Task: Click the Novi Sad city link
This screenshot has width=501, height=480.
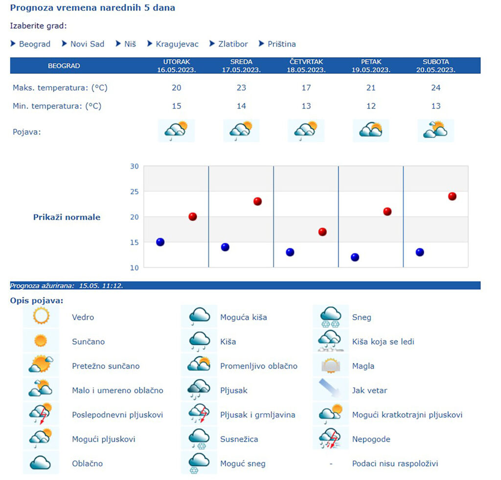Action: [x=87, y=44]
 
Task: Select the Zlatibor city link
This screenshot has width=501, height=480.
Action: [x=233, y=44]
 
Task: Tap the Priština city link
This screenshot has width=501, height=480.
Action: [x=281, y=44]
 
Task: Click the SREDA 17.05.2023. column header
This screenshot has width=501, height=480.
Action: [x=241, y=65]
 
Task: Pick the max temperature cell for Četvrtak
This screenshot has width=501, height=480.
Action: [x=306, y=88]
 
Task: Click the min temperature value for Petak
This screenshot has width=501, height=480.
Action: [x=371, y=106]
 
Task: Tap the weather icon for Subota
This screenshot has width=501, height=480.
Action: [x=435, y=130]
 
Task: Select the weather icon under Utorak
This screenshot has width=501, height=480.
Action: [x=176, y=130]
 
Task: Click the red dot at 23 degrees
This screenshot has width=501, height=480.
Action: [x=257, y=201]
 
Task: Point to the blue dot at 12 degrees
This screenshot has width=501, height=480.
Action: [x=355, y=257]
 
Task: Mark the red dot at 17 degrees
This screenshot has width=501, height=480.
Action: [x=322, y=232]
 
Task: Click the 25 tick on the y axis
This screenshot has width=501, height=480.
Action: [x=134, y=192]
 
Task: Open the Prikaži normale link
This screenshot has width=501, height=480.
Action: [x=67, y=218]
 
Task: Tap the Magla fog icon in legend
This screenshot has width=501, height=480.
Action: [x=330, y=366]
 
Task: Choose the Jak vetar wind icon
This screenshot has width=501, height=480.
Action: [x=330, y=390]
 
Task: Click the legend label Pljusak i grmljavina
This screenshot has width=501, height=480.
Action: [x=257, y=415]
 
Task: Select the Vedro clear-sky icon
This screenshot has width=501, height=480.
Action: [x=41, y=316]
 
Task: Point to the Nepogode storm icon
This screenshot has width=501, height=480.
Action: [x=330, y=439]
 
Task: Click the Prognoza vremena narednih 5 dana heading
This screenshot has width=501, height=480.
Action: [x=92, y=8]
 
